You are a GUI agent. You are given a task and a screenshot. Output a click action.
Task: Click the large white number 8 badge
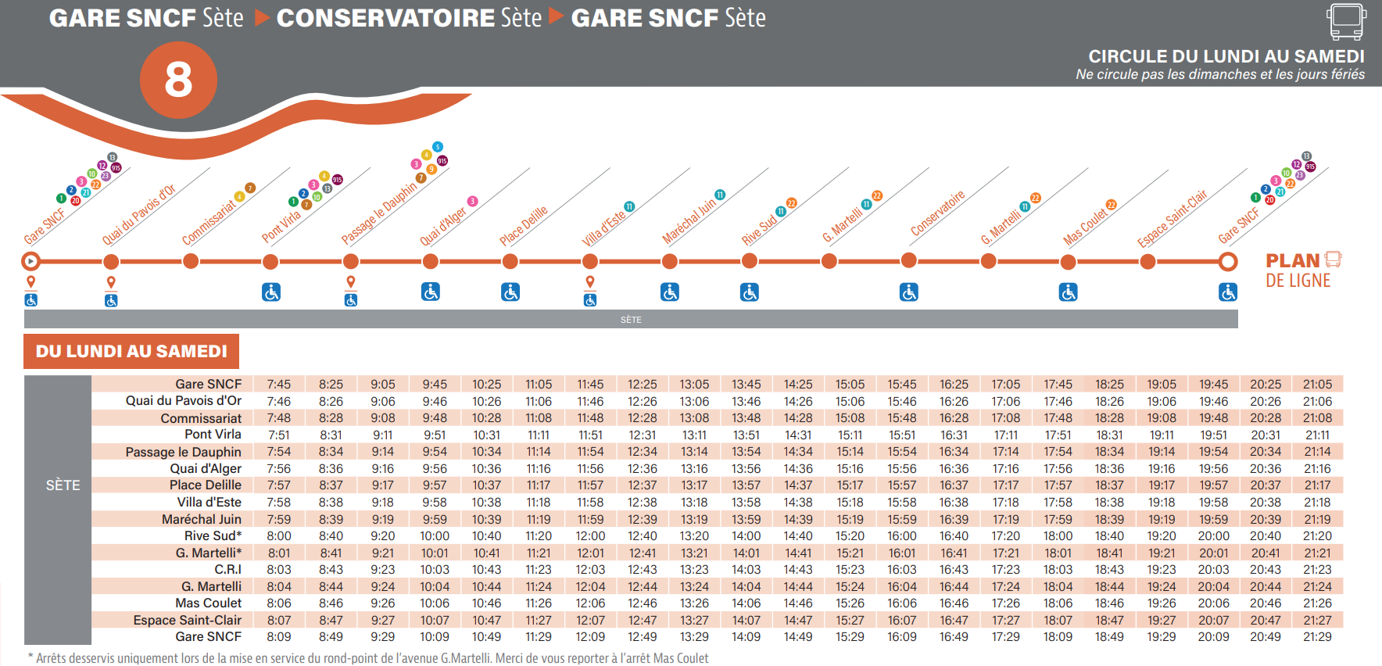coord(178,80)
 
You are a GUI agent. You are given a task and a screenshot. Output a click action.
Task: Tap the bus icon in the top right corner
coord(1346,21)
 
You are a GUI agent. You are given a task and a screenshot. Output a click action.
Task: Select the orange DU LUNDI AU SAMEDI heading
coord(131,352)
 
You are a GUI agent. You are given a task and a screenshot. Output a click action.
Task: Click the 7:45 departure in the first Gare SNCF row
coord(278,385)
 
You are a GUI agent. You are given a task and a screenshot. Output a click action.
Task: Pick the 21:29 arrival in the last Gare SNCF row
coord(1317,637)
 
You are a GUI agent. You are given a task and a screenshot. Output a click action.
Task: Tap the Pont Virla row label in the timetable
coord(213,435)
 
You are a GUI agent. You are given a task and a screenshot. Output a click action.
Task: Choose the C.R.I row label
coord(227,570)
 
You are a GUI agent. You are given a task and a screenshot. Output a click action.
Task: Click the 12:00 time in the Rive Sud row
coord(590,536)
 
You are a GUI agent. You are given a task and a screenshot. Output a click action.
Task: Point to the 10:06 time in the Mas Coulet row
coord(435,603)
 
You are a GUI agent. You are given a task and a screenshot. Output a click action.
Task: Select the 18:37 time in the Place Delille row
coord(1109,485)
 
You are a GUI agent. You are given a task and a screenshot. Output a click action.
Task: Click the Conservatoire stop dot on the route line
coord(908,261)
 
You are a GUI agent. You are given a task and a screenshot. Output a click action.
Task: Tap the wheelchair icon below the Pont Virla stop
coord(270,292)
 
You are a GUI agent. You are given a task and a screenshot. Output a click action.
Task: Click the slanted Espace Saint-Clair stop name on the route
coord(1172,218)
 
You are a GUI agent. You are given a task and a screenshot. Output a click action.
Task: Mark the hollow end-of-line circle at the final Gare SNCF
coord(1228,261)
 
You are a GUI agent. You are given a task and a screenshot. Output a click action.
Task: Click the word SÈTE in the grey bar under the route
coord(631,320)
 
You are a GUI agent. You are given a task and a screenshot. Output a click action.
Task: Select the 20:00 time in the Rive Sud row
coord(1213,536)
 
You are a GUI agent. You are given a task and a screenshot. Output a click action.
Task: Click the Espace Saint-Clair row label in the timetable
coord(187,621)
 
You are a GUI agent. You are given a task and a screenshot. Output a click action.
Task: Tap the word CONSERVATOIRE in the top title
coord(386,18)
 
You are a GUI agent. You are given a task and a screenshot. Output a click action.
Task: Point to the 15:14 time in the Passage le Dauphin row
coord(850,452)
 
